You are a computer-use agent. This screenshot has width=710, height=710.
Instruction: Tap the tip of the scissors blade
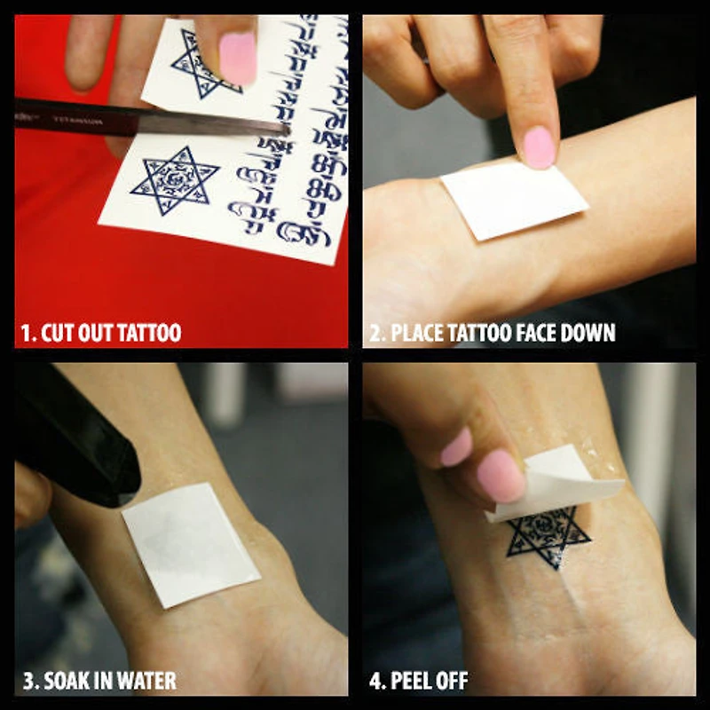(x=286, y=129)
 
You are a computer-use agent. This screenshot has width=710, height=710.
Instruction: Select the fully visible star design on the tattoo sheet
(x=175, y=180)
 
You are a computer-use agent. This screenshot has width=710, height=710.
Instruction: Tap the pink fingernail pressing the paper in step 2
(x=538, y=146)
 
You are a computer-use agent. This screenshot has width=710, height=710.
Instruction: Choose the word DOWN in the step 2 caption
(x=588, y=334)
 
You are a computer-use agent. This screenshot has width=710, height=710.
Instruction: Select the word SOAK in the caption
(x=66, y=682)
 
